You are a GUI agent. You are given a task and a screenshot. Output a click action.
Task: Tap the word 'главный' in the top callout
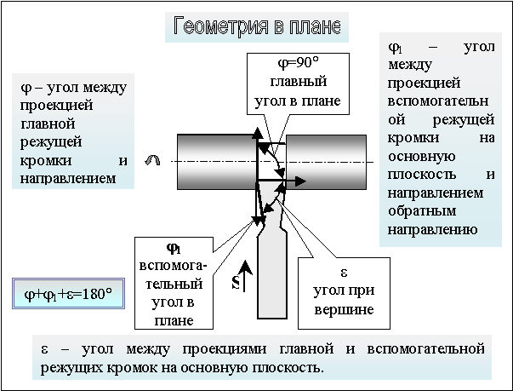click(297, 83)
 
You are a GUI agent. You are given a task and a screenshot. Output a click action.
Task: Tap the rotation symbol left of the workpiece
click(153, 160)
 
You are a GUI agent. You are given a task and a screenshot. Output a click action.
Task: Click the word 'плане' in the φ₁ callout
click(172, 319)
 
